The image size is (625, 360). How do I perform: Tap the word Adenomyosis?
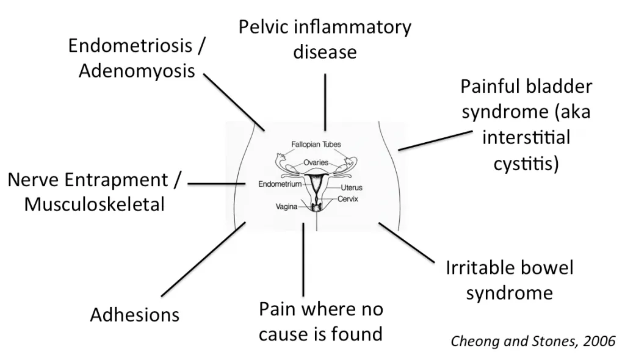point(137,71)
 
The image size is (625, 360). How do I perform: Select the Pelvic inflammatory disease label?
point(325,40)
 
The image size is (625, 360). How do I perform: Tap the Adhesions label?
point(135,315)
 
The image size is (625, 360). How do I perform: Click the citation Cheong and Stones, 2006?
point(533,340)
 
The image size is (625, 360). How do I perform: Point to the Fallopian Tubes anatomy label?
point(316,144)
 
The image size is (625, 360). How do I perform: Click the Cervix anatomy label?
point(347,200)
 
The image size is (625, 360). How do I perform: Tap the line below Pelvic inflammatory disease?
point(325,101)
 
